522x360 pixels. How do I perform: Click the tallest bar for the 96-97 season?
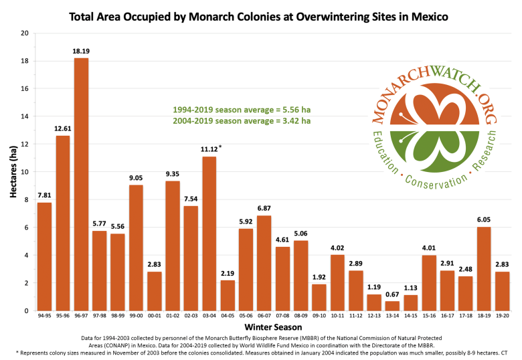click(81, 184)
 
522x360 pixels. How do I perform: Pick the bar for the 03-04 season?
click(209, 234)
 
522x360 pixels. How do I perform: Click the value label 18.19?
click(81, 50)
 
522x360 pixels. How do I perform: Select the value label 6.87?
click(245, 208)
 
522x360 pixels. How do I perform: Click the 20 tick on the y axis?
click(25, 33)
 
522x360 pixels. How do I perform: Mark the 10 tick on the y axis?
click(25, 172)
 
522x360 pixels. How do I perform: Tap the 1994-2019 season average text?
click(242, 109)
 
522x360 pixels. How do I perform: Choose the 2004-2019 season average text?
click(242, 121)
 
